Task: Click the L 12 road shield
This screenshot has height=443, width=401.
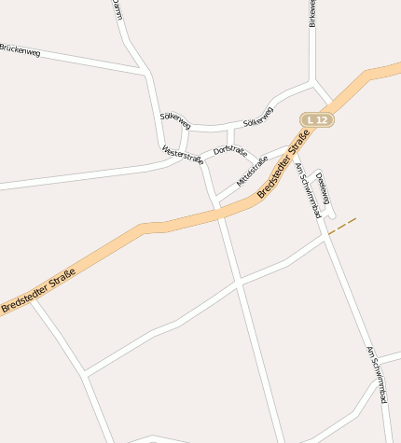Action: point(317,120)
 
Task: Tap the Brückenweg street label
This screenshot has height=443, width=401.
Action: point(20,50)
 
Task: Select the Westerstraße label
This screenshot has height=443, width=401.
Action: point(182,154)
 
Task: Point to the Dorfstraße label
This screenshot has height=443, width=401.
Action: point(229,150)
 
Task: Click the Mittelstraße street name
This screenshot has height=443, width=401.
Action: point(252,172)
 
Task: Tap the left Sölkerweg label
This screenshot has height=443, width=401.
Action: point(175,119)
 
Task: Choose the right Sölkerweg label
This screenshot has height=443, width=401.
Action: point(258,117)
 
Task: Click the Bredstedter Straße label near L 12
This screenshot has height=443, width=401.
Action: point(283,167)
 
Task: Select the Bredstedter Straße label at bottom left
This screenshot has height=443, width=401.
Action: point(38,290)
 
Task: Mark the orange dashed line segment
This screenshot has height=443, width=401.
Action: point(342,226)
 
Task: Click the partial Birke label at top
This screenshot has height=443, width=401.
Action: point(311,13)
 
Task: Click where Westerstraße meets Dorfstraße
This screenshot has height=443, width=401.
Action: point(201,159)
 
